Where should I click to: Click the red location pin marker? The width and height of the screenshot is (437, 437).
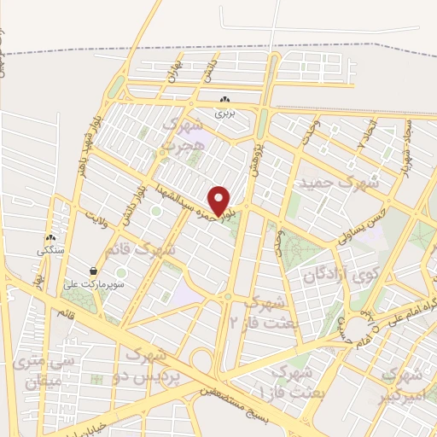pos(221,201)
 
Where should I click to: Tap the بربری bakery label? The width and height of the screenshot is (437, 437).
pos(224,112)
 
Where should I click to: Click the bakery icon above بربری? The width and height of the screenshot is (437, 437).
pos(224,99)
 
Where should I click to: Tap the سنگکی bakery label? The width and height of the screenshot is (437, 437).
pos(50,252)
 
